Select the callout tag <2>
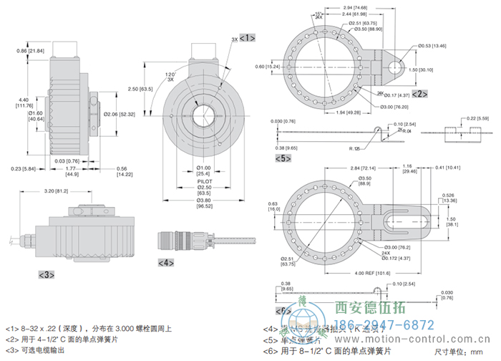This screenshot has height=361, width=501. (419, 93)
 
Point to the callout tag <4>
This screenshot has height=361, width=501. (165, 262)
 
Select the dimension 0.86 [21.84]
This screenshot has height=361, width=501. (31, 51)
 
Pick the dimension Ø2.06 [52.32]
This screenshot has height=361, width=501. (120, 115)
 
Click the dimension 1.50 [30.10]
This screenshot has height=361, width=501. (427, 70)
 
